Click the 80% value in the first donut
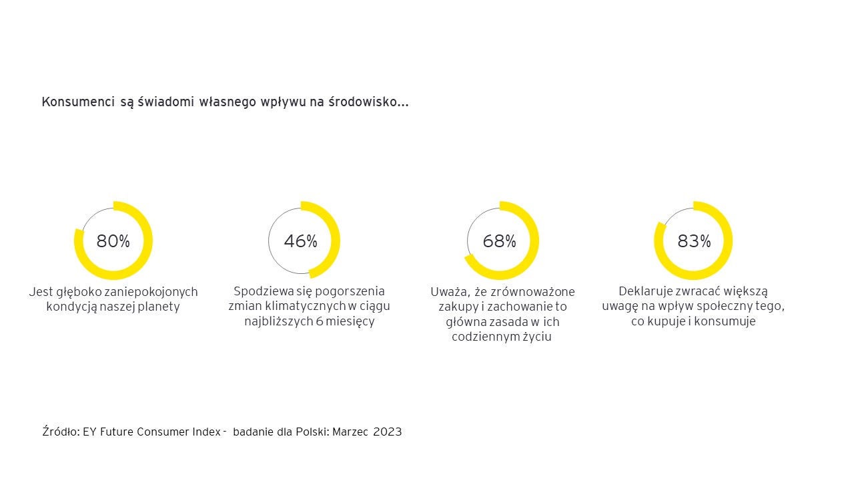pyautogui.click(x=113, y=241)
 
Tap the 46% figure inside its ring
pyautogui.click(x=300, y=241)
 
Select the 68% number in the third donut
pyautogui.click(x=499, y=241)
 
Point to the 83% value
pyautogui.click(x=694, y=241)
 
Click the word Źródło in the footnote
pyautogui.click(x=61, y=432)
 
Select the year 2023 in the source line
pyautogui.click(x=388, y=432)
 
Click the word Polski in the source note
pyautogui.click(x=311, y=432)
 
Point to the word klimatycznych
pyautogui.click(x=304, y=306)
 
